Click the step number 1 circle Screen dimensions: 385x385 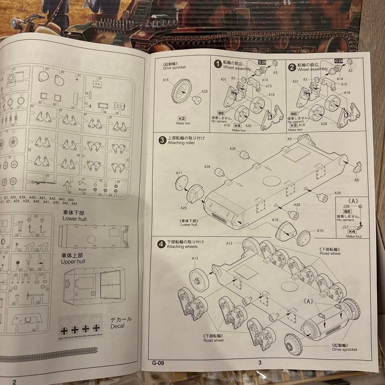pyautogui.click(x=217, y=64)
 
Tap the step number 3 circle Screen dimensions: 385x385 pyautogui.click(x=161, y=140)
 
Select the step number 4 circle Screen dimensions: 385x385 pyautogui.click(x=161, y=244)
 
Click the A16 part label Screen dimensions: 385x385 pyautogui.click(x=165, y=80)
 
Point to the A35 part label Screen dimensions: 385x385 pyautogui.click(x=205, y=91)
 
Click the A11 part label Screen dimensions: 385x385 pyautogui.click(x=179, y=173)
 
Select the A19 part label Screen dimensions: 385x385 pyautogui.click(x=275, y=220)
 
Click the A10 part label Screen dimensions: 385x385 pyautogui.click(x=320, y=231)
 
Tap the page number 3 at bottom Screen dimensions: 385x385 pyautogui.click(x=260, y=363)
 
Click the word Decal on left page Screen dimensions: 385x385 pyautogui.click(x=117, y=326)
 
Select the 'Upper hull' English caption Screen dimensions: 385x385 pyautogui.click(x=73, y=262)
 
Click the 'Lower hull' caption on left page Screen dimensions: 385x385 pyautogui.click(x=75, y=219)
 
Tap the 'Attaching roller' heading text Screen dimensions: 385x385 pyautogui.click(x=181, y=143)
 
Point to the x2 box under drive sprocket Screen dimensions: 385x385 pyautogui.click(x=182, y=118)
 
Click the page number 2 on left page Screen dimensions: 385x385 pyautogui.click(x=14, y=382)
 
